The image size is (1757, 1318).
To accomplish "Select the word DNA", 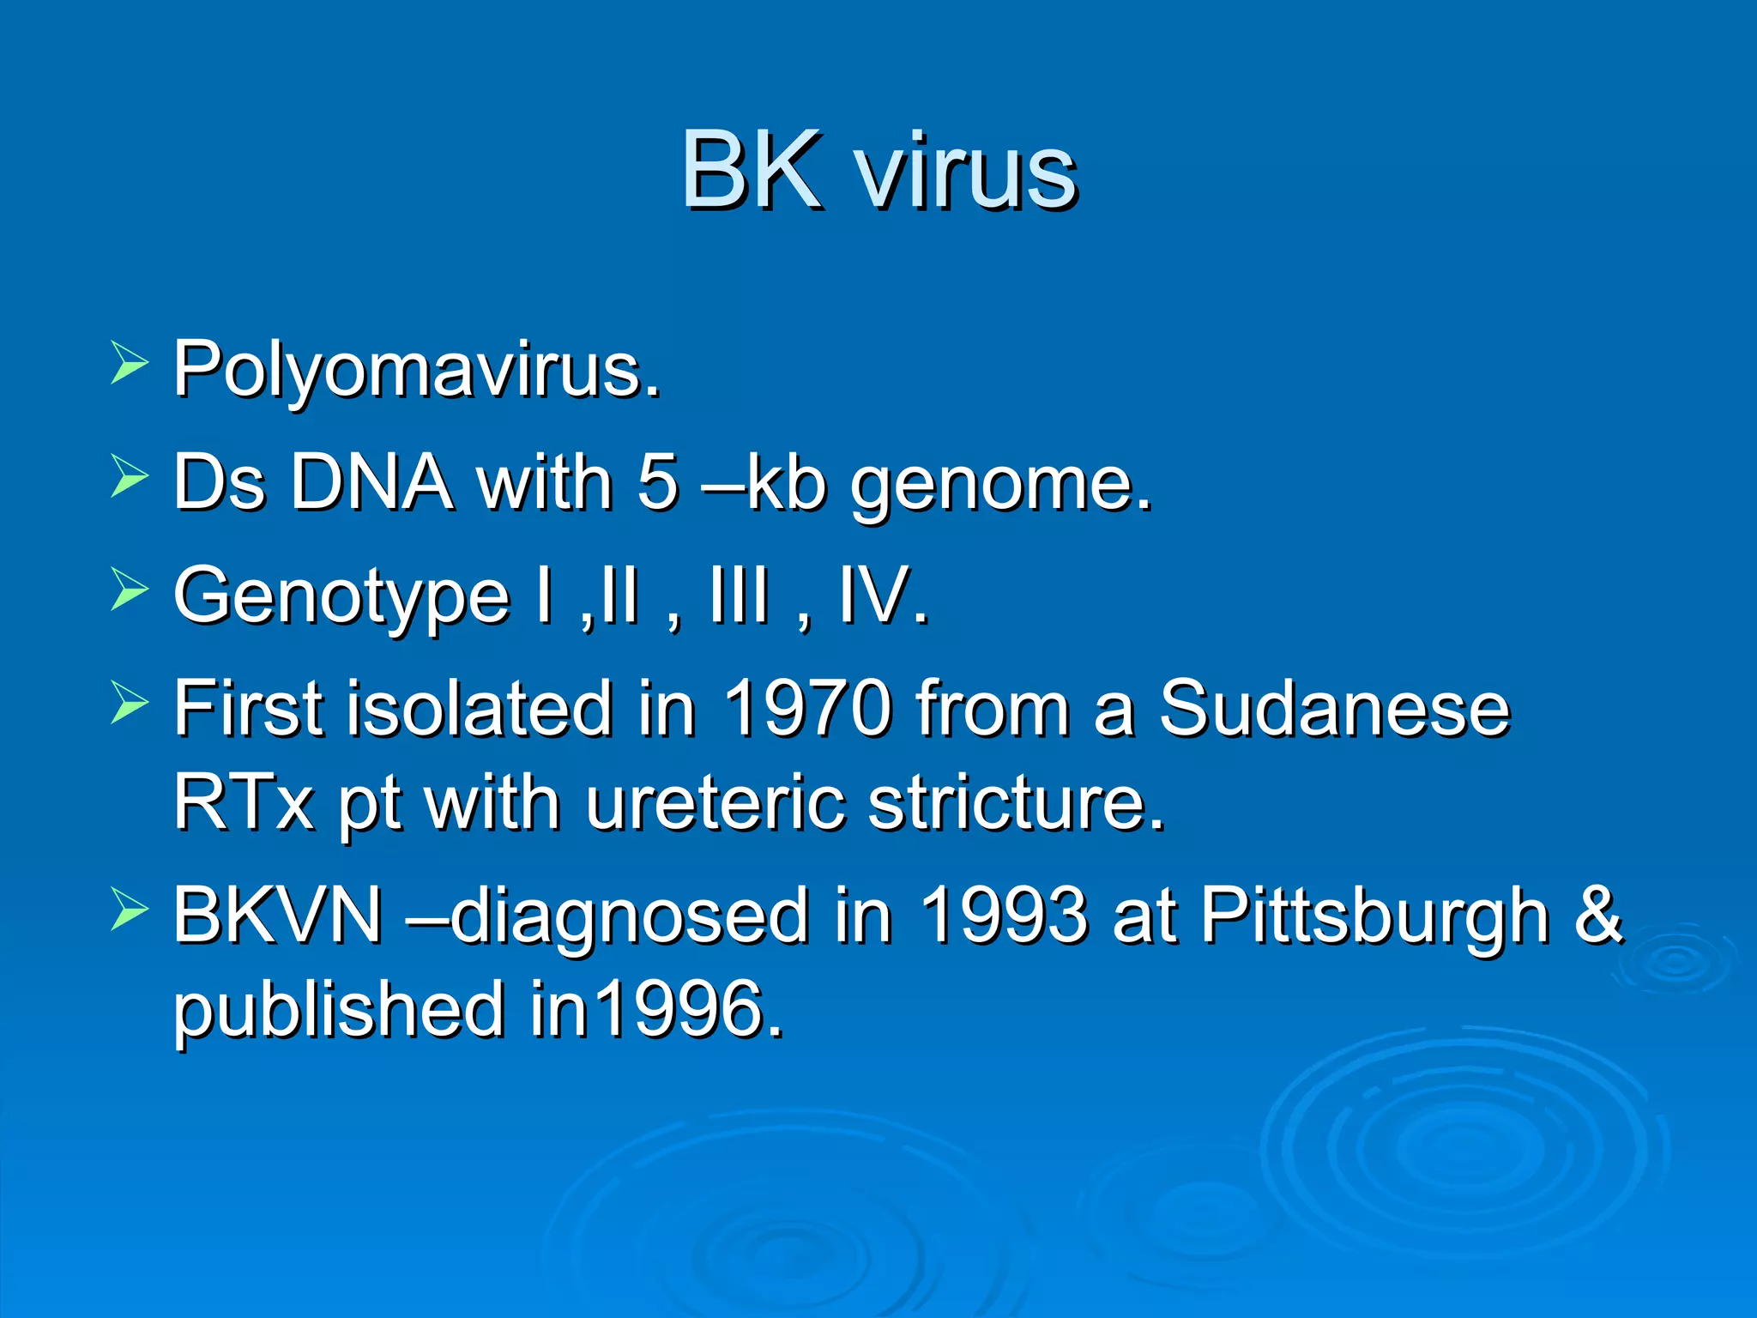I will click(x=371, y=483).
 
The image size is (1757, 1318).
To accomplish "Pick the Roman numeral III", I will click(x=738, y=596).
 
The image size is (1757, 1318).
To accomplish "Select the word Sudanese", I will click(x=1334, y=709).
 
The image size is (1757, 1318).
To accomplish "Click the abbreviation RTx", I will click(x=244, y=803).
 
